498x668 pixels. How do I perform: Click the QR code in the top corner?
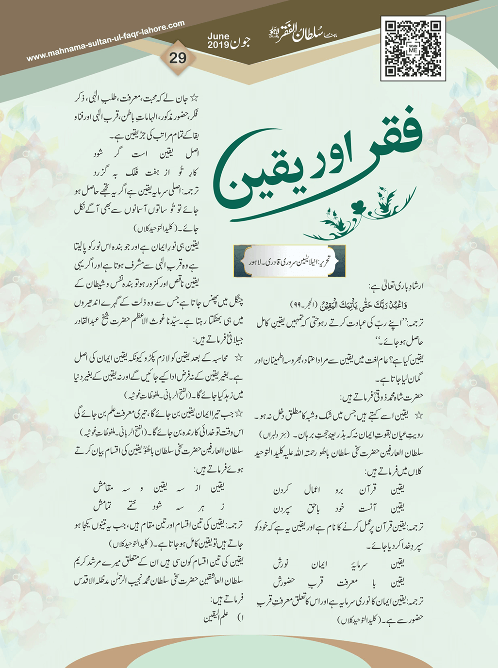pos(413,48)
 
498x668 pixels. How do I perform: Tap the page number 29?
pos(178,58)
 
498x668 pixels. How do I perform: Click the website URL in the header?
pos(106,41)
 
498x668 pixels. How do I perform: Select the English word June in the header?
pos(218,36)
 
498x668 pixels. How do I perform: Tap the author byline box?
pos(289,261)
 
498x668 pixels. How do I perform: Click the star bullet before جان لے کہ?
pos(194,99)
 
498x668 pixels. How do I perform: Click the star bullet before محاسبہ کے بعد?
pos(239,358)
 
